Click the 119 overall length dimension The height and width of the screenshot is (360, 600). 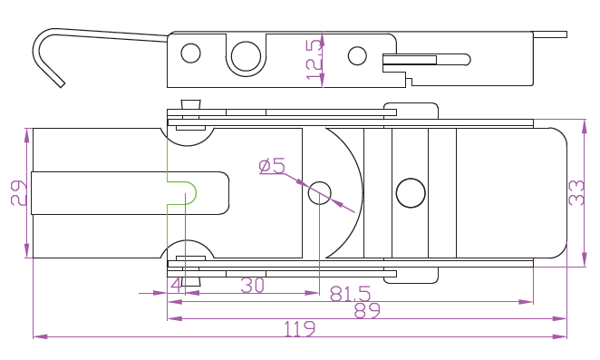pos(300,328)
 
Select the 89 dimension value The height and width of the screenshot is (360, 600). pos(367,311)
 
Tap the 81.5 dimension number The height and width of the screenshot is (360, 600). pos(350,294)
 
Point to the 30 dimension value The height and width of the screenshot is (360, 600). pos(252,286)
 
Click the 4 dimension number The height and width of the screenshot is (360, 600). pos(177,286)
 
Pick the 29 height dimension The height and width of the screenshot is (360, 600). pos(19,193)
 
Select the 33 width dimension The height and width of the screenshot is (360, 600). pos(576,192)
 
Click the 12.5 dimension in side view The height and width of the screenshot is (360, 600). pos(315,59)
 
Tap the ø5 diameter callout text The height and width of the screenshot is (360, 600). pos(272,166)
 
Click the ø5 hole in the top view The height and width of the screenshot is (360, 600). pos(320,193)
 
